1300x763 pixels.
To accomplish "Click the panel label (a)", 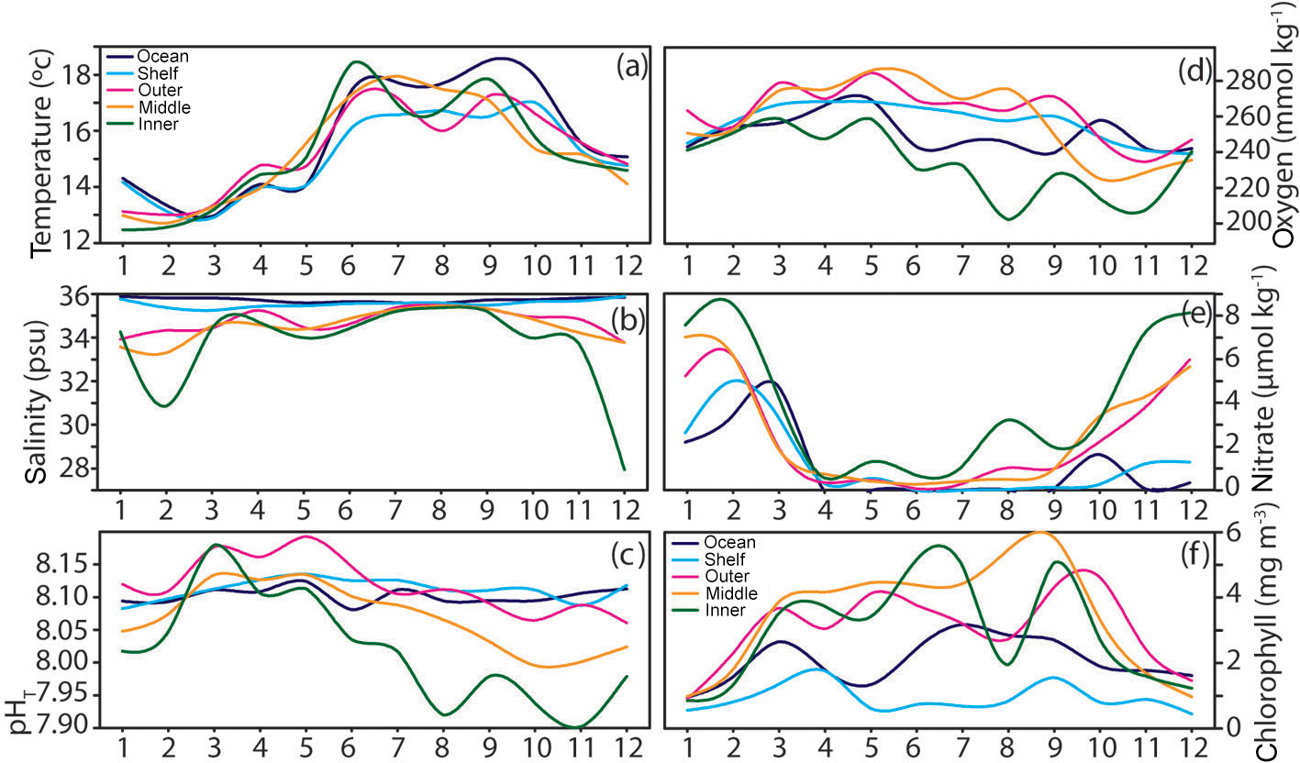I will click(632, 66).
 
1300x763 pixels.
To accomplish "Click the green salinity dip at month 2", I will click(164, 404).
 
